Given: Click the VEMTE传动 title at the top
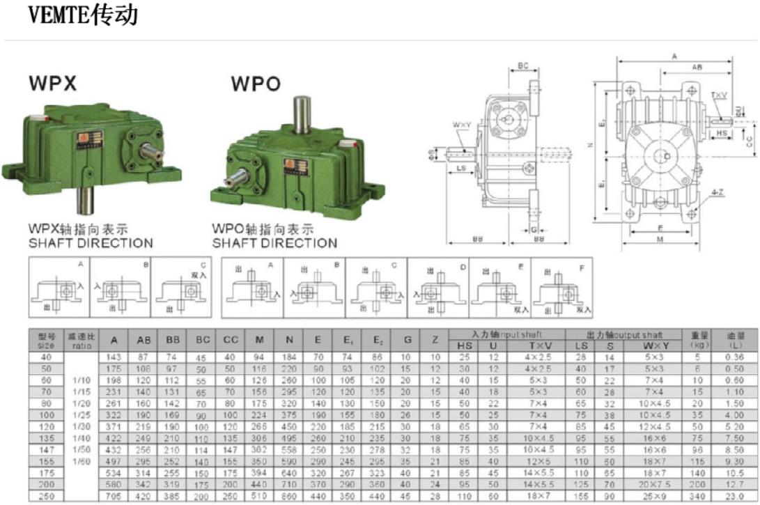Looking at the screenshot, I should click(83, 15).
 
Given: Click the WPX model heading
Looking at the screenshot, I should click(52, 84).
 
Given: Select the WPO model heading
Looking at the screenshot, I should click(256, 84).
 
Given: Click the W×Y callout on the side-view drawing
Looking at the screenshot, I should click(461, 125).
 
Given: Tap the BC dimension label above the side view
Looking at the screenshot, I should click(523, 66).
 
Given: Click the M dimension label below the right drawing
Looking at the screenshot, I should click(660, 239).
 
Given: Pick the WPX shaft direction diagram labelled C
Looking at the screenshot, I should click(180, 287).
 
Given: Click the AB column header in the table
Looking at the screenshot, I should click(144, 341).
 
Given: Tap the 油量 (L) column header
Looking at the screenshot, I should click(744, 339).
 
